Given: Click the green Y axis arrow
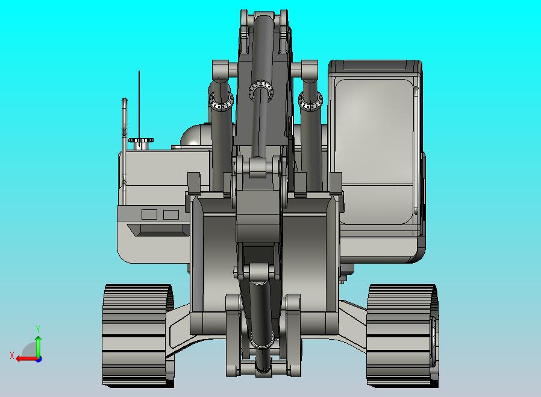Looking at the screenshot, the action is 39,346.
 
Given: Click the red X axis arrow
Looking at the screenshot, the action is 27,358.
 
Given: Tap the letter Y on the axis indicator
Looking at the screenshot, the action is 38,329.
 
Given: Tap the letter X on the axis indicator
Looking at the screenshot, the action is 12,355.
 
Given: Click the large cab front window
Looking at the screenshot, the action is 374,150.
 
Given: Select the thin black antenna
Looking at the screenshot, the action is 139,108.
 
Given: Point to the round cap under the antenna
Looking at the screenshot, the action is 141,141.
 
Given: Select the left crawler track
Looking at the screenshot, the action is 138,335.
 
